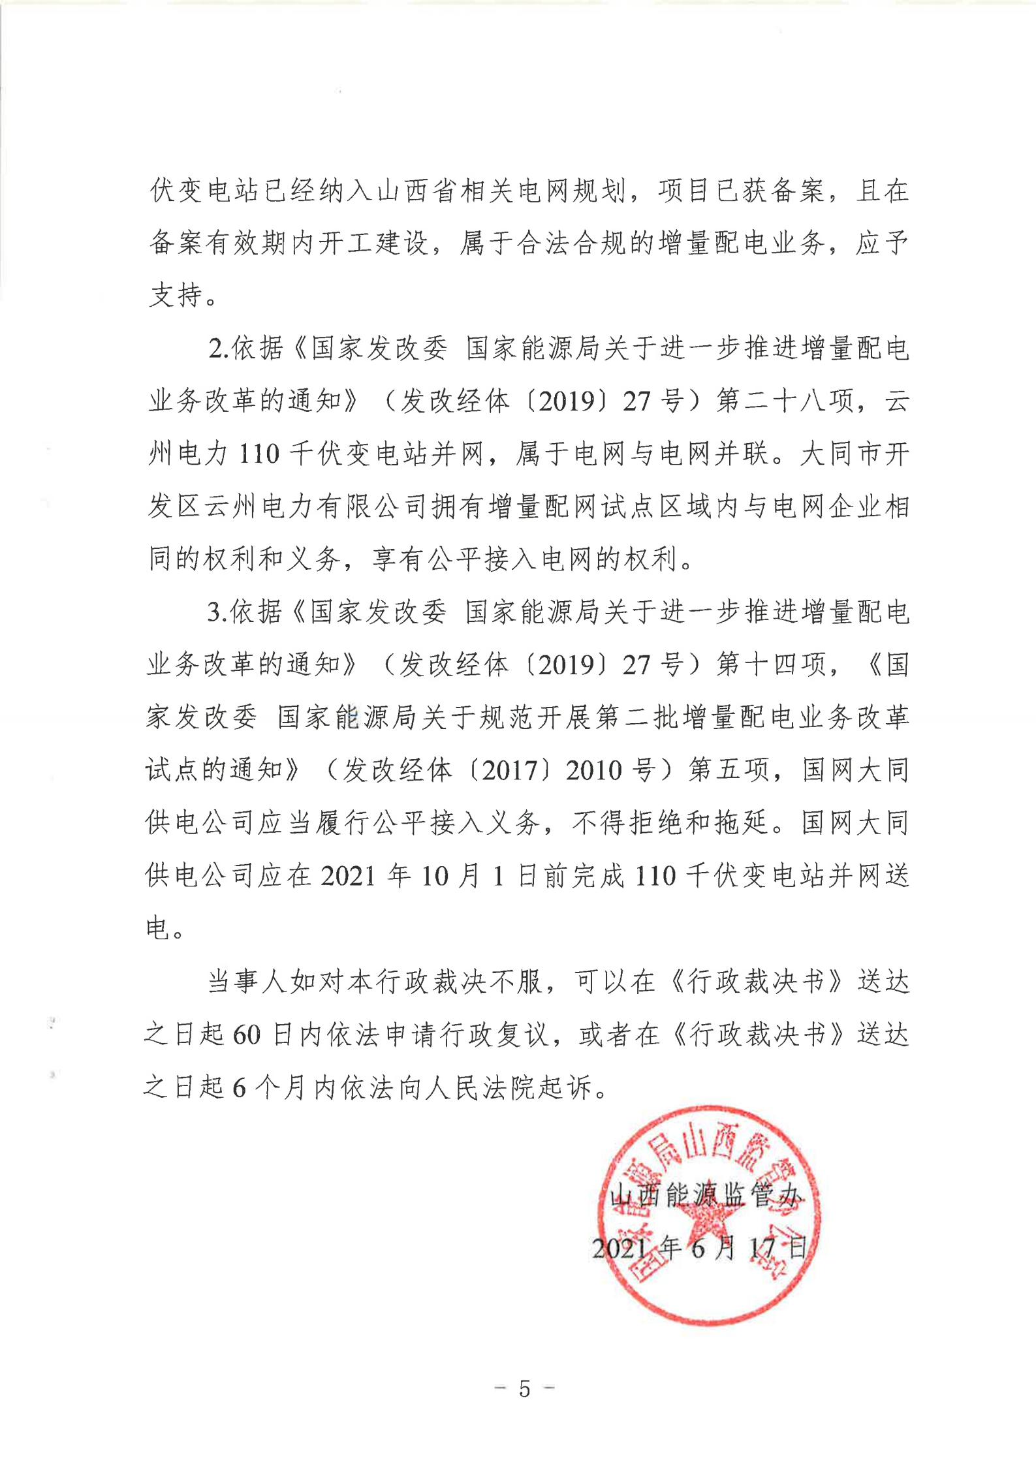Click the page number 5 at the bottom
(x=525, y=1388)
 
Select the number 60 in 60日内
(x=246, y=1035)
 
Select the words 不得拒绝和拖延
(x=670, y=824)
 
